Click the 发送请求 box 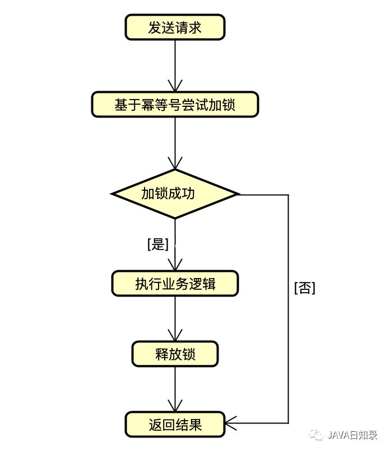(175, 27)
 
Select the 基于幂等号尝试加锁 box (175, 105)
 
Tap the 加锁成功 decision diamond (175, 194)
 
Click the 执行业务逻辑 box (175, 284)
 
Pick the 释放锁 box (175, 354)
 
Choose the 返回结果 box (175, 425)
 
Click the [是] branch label (157, 244)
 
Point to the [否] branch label (304, 288)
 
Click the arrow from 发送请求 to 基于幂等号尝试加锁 (175, 64)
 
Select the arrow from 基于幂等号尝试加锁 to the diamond (175, 143)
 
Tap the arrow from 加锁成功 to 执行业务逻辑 (175, 246)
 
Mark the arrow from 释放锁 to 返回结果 (175, 388)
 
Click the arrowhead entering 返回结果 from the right (231, 423)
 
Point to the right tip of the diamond (238, 194)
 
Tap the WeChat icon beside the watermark (318, 435)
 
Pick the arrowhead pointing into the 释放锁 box (175, 337)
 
